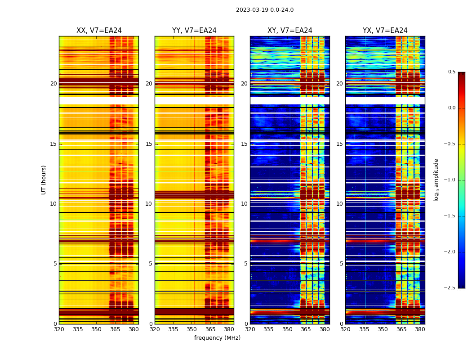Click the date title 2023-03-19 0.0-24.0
pos(264,10)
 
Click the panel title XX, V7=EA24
pos(99,31)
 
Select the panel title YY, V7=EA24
pos(194,31)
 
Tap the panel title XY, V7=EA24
pos(289,31)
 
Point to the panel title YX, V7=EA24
pos(385,31)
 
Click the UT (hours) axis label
pos(44,180)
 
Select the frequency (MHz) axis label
pos(217,338)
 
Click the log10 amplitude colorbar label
pos(436,180)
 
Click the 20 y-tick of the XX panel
pos(53,84)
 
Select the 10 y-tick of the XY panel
pos(244,204)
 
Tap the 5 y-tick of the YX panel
pos(341,264)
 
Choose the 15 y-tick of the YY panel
pos(149,144)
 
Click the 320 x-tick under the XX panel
pos(59,329)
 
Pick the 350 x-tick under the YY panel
pos(192,329)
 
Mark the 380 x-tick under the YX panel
pos(420,329)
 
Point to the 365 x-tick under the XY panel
pos(306,329)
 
